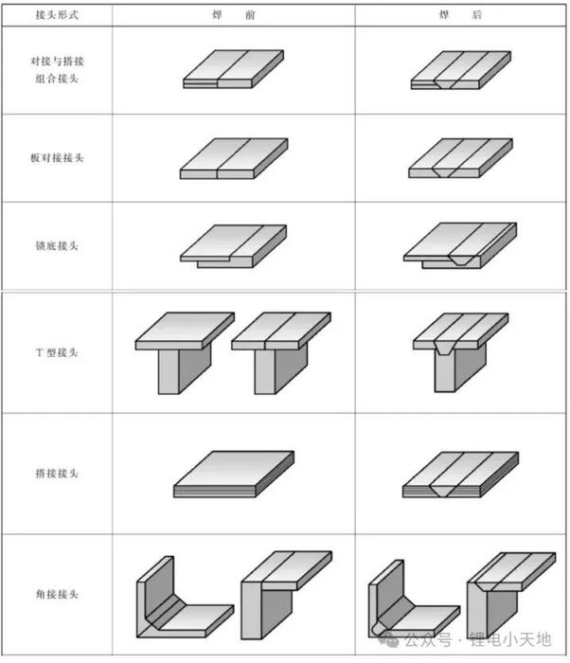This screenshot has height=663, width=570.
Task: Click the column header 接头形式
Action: [56, 15]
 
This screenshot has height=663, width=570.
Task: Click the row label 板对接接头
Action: [56, 157]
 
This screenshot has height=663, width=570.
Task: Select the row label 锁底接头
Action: [56, 245]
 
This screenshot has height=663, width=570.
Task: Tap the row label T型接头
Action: [56, 352]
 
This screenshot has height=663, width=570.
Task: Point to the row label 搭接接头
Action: [56, 473]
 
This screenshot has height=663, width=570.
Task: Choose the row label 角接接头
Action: [56, 594]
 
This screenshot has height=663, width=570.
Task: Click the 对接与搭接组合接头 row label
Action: [56, 69]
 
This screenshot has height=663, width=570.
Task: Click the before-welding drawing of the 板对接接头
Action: [232, 158]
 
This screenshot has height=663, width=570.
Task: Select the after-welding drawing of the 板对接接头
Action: [462, 158]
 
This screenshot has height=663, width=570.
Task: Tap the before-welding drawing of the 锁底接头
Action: [233, 245]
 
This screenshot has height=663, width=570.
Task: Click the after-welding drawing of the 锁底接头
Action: [461, 245]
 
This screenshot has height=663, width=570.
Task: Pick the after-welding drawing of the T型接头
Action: [462, 350]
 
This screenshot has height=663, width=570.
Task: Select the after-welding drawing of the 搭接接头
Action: [462, 475]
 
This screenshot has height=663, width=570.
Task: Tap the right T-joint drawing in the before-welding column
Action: [280, 351]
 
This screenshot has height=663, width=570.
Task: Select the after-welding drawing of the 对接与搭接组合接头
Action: [462, 69]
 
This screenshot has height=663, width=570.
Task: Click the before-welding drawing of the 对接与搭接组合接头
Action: [232, 69]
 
